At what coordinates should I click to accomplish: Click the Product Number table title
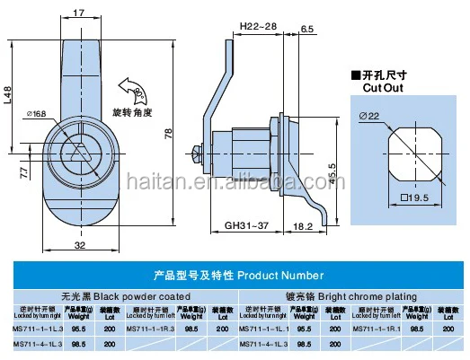tap(235, 276)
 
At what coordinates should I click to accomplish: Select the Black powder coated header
tap(122, 294)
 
